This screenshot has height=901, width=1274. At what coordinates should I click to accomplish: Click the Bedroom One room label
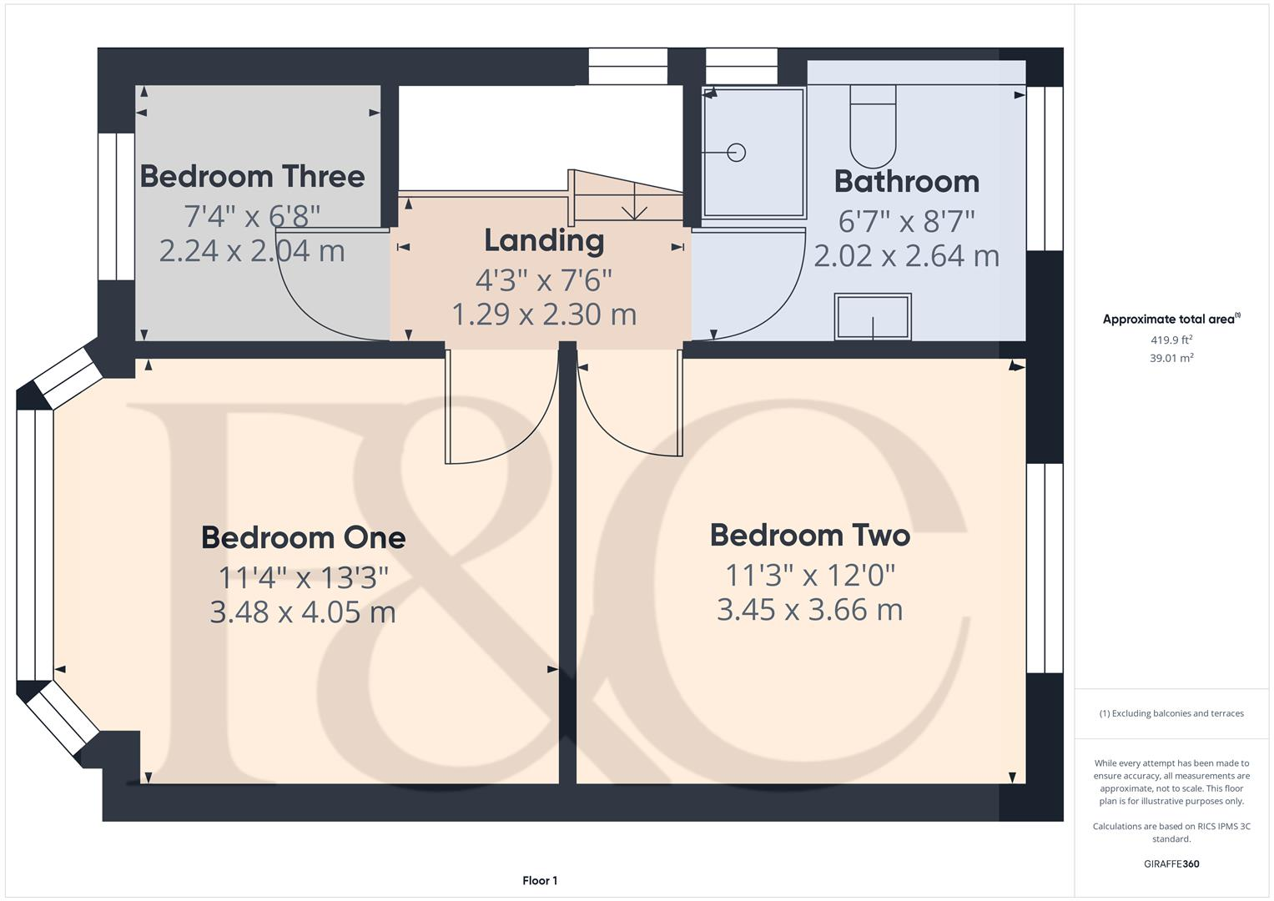(303, 538)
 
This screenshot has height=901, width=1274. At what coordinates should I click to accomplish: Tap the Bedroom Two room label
(809, 536)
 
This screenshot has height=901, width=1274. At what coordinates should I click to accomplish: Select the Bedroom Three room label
(252, 177)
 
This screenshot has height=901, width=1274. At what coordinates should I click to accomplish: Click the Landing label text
(544, 241)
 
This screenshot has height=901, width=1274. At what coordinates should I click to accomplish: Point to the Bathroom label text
(906, 182)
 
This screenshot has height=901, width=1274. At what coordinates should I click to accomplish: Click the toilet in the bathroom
(873, 129)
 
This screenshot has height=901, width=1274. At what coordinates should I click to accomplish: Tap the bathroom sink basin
(873, 316)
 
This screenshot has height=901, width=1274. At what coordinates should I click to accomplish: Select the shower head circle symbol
(736, 153)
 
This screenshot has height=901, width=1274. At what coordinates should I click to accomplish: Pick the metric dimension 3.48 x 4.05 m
(303, 613)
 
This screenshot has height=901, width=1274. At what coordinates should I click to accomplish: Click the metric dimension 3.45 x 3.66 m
(809, 610)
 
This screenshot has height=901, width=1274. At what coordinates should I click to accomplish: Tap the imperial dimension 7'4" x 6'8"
(252, 217)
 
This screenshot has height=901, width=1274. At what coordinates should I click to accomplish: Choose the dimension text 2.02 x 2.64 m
(906, 256)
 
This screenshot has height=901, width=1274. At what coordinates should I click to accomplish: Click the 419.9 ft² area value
(1171, 340)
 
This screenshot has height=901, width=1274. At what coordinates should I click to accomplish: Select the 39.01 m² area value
(1171, 358)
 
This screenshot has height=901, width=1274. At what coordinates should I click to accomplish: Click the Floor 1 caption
(540, 880)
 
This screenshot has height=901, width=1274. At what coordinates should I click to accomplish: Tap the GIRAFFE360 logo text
(1171, 863)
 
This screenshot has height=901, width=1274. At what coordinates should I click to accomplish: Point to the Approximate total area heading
(1171, 319)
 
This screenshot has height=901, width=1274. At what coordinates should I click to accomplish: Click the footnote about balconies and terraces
(1171, 713)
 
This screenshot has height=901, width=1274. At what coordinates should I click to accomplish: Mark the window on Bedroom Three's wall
(116, 206)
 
